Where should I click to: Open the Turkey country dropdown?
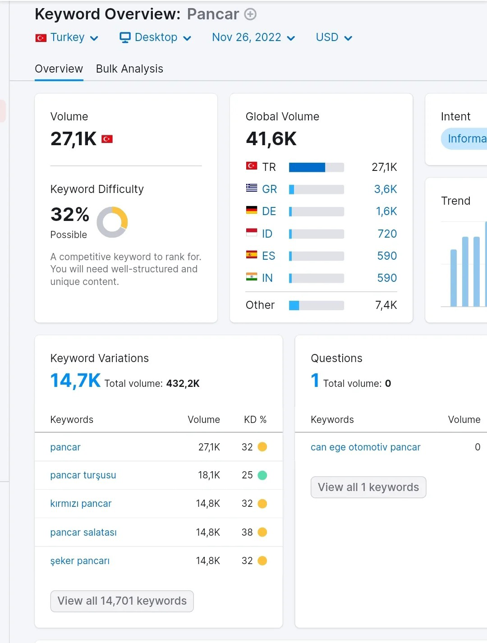coord(67,37)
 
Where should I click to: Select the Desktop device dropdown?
coord(156,37)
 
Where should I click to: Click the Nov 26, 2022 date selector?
coord(253,37)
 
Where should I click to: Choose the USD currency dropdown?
coord(334,37)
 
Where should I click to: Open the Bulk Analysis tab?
coord(129,69)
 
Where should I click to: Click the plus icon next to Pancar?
coord(250,14)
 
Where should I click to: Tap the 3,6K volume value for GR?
coord(386,189)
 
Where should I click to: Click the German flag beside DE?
coord(252,210)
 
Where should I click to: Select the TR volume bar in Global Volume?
coord(316,167)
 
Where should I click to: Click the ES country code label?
coord(269,256)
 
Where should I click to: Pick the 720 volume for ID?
coord(387,234)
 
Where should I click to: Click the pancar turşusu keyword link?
coord(83,475)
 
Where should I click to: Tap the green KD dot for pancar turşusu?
coord(262,475)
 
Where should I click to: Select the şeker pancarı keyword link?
coord(80,560)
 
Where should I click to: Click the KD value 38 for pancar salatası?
coord(247,532)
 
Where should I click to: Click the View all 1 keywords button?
coord(368,487)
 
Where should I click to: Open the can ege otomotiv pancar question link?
coord(365,447)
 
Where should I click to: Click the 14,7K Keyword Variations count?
coord(76,381)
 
